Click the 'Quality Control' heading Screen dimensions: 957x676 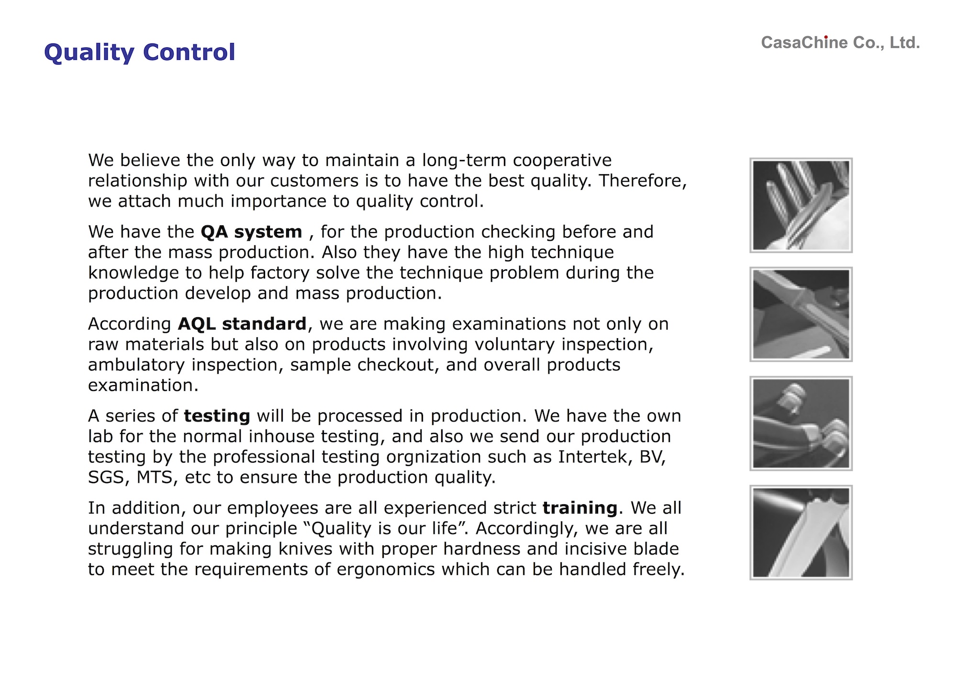pos(140,53)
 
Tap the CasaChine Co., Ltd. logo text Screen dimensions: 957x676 pos(840,43)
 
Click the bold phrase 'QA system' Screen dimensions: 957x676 pos(252,233)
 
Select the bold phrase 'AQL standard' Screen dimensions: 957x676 pos(242,324)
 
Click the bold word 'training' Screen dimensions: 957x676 pos(580,508)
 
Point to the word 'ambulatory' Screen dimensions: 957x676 pos(136,366)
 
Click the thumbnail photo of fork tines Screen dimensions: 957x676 pos(801,205)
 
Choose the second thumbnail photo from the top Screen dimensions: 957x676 pos(801,314)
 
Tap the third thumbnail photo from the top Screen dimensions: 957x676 pos(801,423)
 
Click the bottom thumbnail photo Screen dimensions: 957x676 pos(801,532)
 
